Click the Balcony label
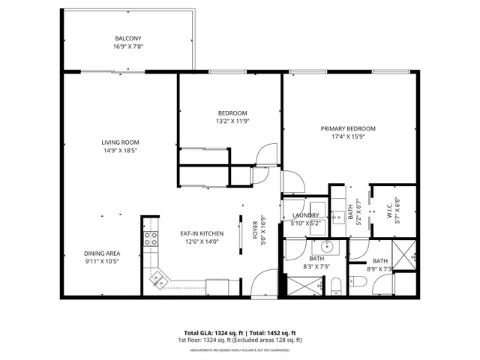(127, 39)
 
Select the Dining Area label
(102, 253)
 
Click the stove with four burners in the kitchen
(151, 239)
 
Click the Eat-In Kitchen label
(198, 232)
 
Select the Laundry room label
(305, 215)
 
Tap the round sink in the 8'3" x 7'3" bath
(327, 246)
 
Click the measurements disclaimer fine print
(239, 349)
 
